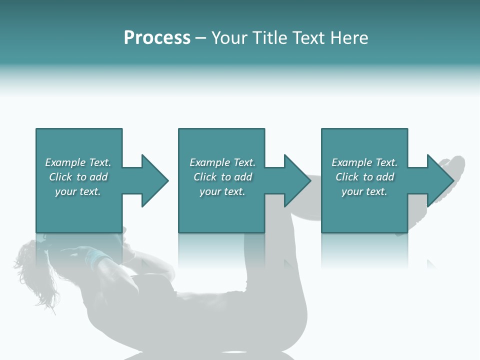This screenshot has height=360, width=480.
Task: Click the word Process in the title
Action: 157,38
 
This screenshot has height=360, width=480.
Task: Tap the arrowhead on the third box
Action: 439,180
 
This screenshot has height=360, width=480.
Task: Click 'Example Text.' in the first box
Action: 78,162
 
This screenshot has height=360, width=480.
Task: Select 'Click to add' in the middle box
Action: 222,177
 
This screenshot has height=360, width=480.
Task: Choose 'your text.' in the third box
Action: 364,191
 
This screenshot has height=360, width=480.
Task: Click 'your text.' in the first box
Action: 78,191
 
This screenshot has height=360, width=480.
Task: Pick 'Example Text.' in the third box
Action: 364,162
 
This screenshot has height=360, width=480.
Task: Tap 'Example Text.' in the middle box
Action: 222,162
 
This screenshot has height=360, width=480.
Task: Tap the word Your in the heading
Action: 230,38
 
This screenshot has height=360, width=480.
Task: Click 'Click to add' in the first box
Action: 78,177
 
